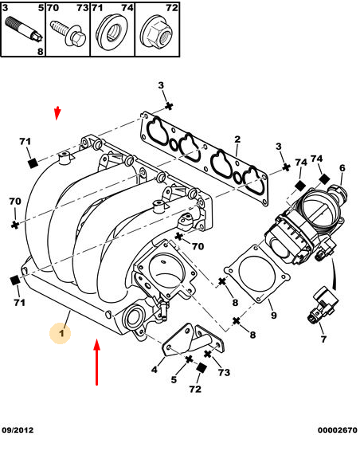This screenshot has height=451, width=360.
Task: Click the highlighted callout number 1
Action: (61, 333)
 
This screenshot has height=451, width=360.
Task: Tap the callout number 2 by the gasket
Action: (237, 139)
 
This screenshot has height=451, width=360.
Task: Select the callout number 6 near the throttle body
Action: (342, 168)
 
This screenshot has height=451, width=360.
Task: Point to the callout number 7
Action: (324, 339)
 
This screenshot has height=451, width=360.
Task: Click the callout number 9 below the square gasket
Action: (274, 316)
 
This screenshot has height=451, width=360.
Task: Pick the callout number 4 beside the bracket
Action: (155, 369)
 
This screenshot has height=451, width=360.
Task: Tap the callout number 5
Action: (174, 379)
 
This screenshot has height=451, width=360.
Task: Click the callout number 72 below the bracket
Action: (195, 389)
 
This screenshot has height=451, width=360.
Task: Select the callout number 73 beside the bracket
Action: (224, 372)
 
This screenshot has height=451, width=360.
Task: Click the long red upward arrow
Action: (97, 362)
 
